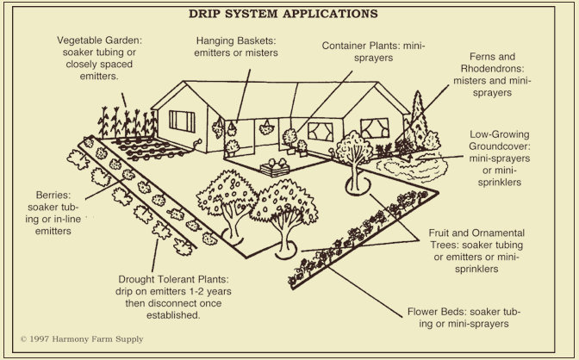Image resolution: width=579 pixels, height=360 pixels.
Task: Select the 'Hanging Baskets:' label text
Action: [235, 40]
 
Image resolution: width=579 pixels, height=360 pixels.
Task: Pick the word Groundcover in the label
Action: [499, 147]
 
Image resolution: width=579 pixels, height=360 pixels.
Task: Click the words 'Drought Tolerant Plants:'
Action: [171, 281]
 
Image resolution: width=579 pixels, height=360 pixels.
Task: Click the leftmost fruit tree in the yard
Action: [224, 195]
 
